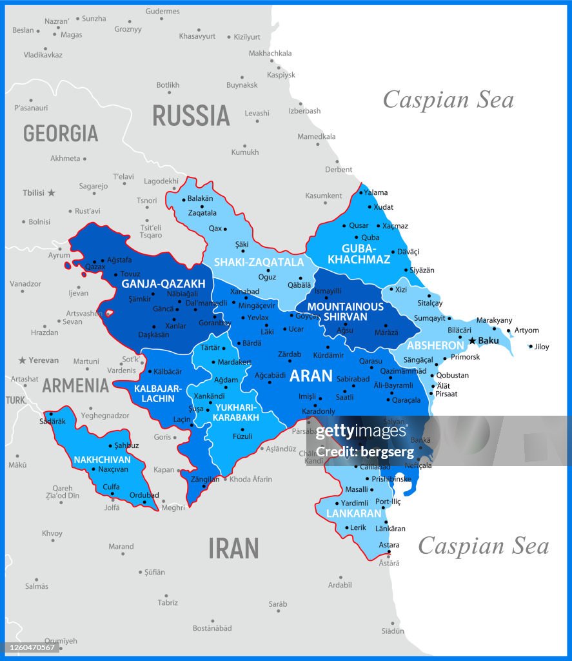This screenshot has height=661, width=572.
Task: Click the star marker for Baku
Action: [x=472, y=340]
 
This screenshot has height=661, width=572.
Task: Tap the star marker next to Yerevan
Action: [x=23, y=360]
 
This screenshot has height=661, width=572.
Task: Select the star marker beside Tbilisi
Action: [x=51, y=192]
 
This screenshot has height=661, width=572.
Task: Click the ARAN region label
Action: [x=311, y=376]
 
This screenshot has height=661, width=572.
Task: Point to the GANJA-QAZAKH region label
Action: [x=159, y=283]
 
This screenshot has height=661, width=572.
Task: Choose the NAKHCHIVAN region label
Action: [x=102, y=460]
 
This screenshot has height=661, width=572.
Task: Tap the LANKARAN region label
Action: [x=354, y=514]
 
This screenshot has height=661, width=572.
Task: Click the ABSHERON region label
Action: [x=435, y=345]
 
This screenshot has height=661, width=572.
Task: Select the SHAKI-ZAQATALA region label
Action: [x=259, y=262]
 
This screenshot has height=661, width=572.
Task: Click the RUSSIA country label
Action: [x=191, y=116]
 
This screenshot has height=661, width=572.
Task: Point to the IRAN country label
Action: [x=233, y=548]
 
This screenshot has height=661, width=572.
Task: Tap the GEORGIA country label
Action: [x=61, y=133]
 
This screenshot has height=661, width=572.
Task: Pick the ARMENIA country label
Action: [x=75, y=385]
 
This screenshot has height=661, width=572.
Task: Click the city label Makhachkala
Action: [x=270, y=53]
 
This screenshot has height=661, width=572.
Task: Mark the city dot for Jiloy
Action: [x=531, y=347]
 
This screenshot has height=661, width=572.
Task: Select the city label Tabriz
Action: [x=168, y=602]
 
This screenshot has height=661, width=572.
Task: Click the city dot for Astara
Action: [x=388, y=552]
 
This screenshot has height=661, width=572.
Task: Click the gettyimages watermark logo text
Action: [x=361, y=431]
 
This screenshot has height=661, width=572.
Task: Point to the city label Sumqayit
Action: [x=429, y=318]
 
